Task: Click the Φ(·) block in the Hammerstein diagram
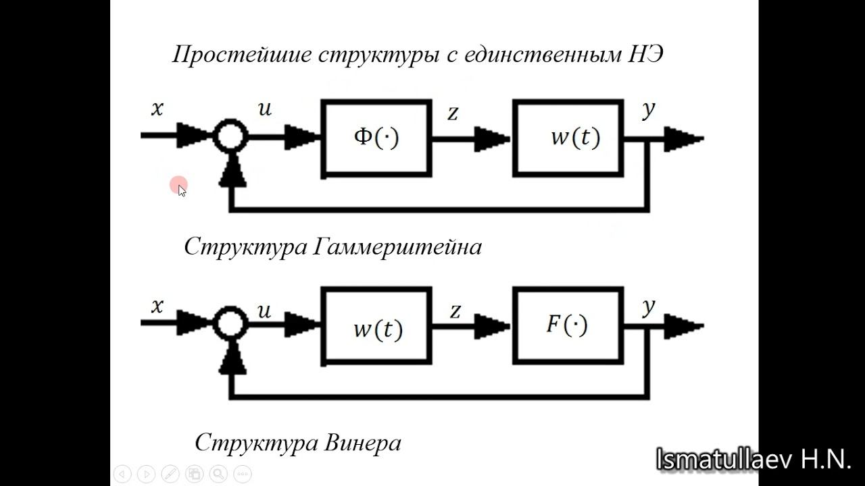[376, 138]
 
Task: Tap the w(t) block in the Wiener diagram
[376, 327]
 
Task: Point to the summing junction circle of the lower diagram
[230, 324]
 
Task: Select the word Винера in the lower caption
[363, 443]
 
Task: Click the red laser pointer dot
[178, 185]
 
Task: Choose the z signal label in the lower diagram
[455, 311]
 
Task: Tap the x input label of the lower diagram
[157, 306]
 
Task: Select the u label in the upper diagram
[265, 108]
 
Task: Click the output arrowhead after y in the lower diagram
[684, 327]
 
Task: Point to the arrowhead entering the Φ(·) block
[302, 138]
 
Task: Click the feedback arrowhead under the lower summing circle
[231, 358]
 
